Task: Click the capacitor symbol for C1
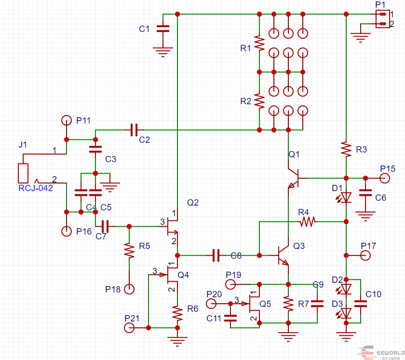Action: (x=163, y=28)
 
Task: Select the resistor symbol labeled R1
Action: (x=259, y=43)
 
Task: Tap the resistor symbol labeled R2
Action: (x=259, y=101)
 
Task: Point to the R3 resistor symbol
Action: (x=346, y=149)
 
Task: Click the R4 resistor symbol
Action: (x=308, y=222)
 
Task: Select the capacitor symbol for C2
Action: (x=134, y=130)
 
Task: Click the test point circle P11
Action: (x=67, y=121)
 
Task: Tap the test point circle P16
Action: (x=67, y=231)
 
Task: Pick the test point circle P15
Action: (x=385, y=178)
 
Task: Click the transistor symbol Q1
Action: (x=295, y=178)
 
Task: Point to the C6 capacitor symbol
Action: (x=365, y=193)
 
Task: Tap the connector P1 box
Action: (x=382, y=19)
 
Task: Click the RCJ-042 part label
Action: (x=36, y=188)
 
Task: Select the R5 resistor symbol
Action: (x=129, y=250)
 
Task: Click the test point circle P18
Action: (x=129, y=289)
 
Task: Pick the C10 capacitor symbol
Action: (x=361, y=304)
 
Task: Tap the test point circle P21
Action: (x=129, y=328)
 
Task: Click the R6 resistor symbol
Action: (x=177, y=314)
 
